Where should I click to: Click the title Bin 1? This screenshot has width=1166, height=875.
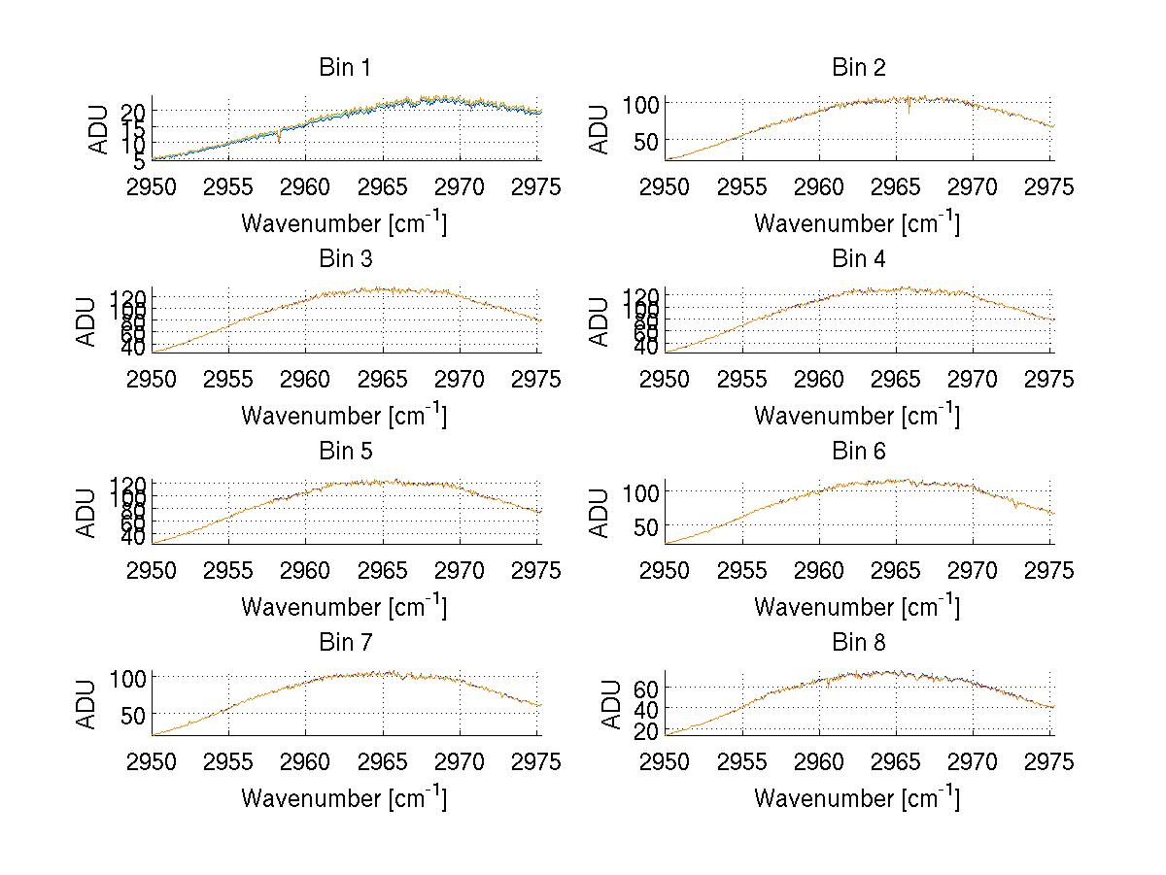tap(345, 68)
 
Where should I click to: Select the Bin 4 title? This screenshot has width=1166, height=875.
tap(859, 259)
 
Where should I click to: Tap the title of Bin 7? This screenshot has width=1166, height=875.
tap(345, 643)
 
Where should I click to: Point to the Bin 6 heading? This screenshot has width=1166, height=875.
tap(859, 452)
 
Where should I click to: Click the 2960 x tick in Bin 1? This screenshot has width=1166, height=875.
tap(306, 186)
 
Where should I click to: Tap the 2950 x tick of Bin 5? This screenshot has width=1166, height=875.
tap(153, 570)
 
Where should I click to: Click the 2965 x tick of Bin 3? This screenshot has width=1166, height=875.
tap(384, 379)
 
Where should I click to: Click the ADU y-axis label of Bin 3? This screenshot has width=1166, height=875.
tap(88, 321)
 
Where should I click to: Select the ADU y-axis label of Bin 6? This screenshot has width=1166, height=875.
tap(601, 513)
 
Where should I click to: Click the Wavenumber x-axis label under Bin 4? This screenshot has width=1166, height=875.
tap(856, 415)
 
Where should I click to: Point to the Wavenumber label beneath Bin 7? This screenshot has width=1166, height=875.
tap(343, 797)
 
